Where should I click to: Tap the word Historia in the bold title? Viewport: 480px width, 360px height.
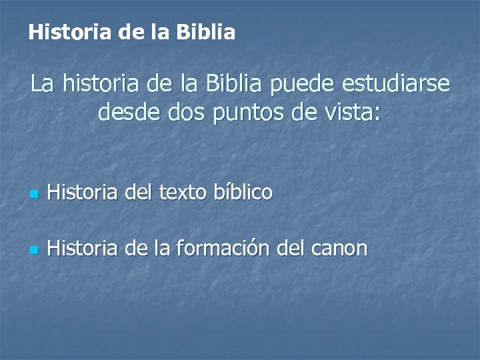65,32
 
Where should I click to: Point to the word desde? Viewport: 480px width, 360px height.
124,113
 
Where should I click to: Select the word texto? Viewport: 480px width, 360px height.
184,193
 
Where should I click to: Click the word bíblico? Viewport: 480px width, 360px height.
243,193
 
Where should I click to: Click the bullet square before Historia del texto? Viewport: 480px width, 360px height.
35,195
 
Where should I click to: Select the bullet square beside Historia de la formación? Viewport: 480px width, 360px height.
35,251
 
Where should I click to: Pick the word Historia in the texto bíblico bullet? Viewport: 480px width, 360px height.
81,193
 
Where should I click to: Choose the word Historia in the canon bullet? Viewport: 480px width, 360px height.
81,249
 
